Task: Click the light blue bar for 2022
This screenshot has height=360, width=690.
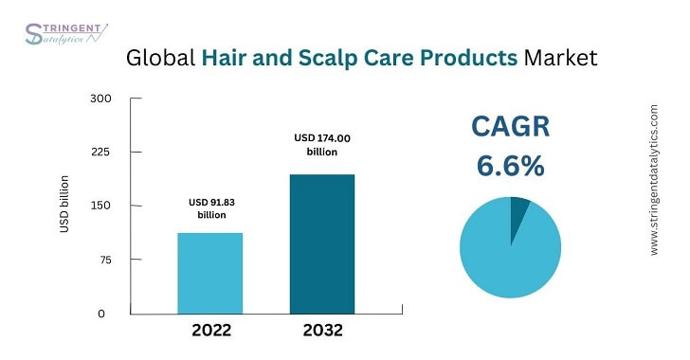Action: (x=209, y=273)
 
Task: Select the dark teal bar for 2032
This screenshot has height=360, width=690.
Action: (x=323, y=243)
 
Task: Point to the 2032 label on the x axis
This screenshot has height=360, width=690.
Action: (x=323, y=332)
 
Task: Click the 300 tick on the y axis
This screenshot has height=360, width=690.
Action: (x=101, y=99)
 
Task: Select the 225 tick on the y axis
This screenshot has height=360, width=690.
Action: (x=101, y=152)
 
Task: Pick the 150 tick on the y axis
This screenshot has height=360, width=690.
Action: (x=101, y=206)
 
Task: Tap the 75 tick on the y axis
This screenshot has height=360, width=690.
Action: (x=103, y=260)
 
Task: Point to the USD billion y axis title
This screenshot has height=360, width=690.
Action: (x=64, y=204)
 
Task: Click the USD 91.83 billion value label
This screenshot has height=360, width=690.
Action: (x=209, y=208)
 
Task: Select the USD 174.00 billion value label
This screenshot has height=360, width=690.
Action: (x=322, y=145)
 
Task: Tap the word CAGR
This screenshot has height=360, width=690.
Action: (x=511, y=128)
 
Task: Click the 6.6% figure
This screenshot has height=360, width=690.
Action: (x=511, y=167)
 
